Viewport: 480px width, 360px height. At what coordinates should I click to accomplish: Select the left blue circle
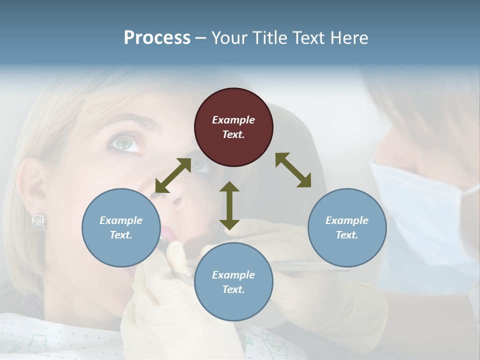coord(121,227)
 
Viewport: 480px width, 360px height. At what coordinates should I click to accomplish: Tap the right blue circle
coord(347,227)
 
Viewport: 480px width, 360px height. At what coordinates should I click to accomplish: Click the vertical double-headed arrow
coord(229,206)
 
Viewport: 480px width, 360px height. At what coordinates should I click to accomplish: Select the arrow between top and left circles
coord(173,175)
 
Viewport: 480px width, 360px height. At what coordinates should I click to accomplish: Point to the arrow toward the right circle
coord(293,170)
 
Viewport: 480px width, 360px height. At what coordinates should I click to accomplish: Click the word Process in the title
coord(157,38)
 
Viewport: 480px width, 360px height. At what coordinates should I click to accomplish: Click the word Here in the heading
coord(349,38)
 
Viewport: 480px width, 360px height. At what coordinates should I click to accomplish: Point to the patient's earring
coord(39,221)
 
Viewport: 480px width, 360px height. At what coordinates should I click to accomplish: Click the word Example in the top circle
coord(233,120)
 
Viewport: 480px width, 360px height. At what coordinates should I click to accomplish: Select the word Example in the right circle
coord(347,220)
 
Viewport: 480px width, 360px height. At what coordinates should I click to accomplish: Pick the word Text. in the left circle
coord(121,235)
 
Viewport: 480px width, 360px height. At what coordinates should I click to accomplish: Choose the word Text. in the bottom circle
coord(233,289)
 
